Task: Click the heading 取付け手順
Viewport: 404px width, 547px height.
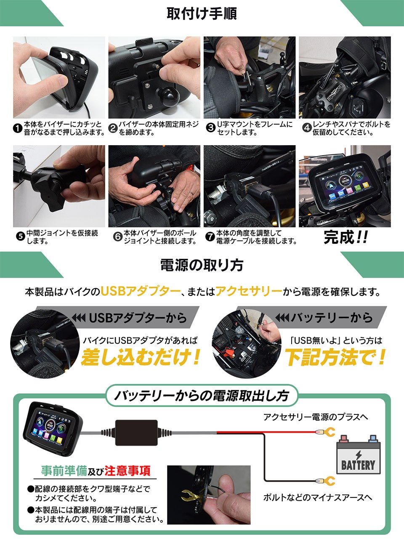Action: point(202,13)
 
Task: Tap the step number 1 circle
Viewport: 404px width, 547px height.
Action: point(18,128)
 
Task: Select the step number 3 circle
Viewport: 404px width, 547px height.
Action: point(210,128)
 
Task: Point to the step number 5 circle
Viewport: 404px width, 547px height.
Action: point(21,236)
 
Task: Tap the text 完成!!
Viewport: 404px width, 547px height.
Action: point(346,237)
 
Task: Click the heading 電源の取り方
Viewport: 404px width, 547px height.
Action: point(202,266)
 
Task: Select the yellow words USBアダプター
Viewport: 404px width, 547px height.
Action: point(141,292)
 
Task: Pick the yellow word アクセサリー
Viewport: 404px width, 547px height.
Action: point(249,292)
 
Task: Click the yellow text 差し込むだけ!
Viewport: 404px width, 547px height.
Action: point(140,357)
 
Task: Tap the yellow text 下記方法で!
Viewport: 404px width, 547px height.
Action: point(335,357)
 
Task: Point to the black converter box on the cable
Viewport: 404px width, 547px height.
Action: point(136,433)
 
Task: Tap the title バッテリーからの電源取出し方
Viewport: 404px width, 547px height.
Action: point(202,396)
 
